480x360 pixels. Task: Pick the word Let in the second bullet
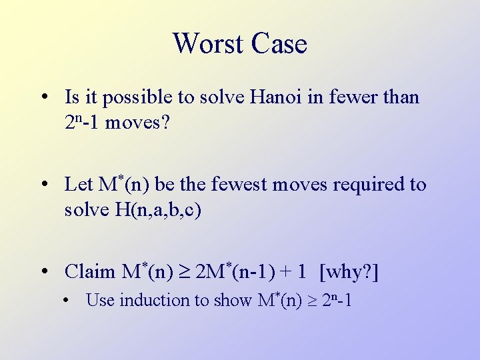point(79,184)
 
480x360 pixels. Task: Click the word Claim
point(90,271)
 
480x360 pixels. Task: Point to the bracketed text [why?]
point(349,271)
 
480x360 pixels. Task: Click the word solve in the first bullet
point(218,97)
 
